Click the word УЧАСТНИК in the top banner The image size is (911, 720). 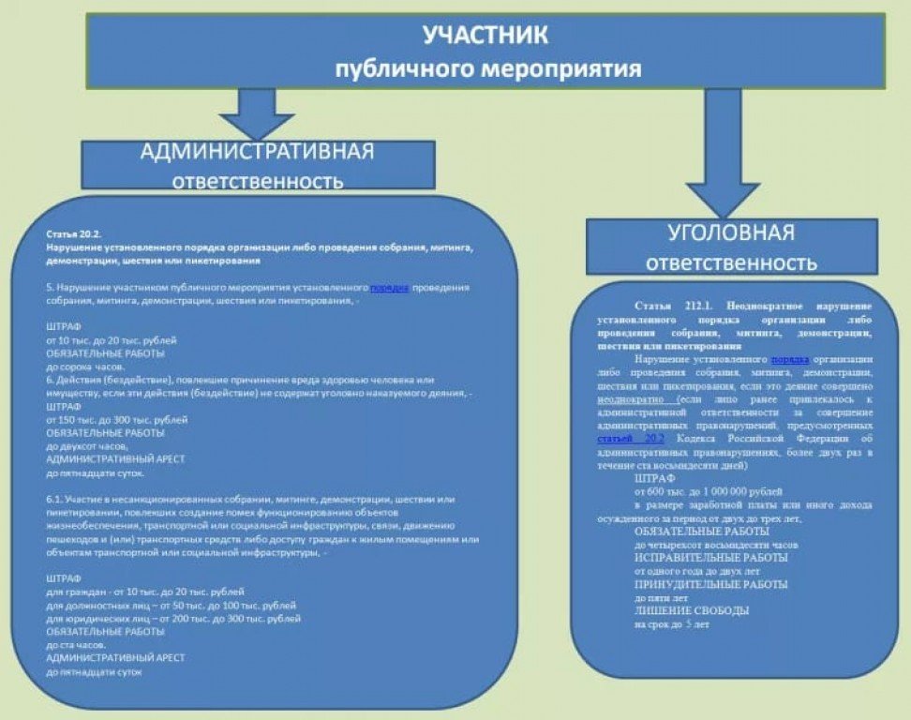pos(485,36)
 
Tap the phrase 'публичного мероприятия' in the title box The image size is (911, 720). pos(488,68)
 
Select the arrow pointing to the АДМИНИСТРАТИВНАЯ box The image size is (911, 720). pos(257,112)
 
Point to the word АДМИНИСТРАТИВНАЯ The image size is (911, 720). pos(257,153)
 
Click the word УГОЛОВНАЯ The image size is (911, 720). pos(731,233)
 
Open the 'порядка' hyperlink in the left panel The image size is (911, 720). pos(389,288)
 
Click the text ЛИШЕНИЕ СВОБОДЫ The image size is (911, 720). pos(692,611)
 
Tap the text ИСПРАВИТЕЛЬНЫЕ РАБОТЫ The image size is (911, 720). pos(710,558)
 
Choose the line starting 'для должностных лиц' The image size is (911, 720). pos(171,606)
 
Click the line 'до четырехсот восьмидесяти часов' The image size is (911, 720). pos(716,545)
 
